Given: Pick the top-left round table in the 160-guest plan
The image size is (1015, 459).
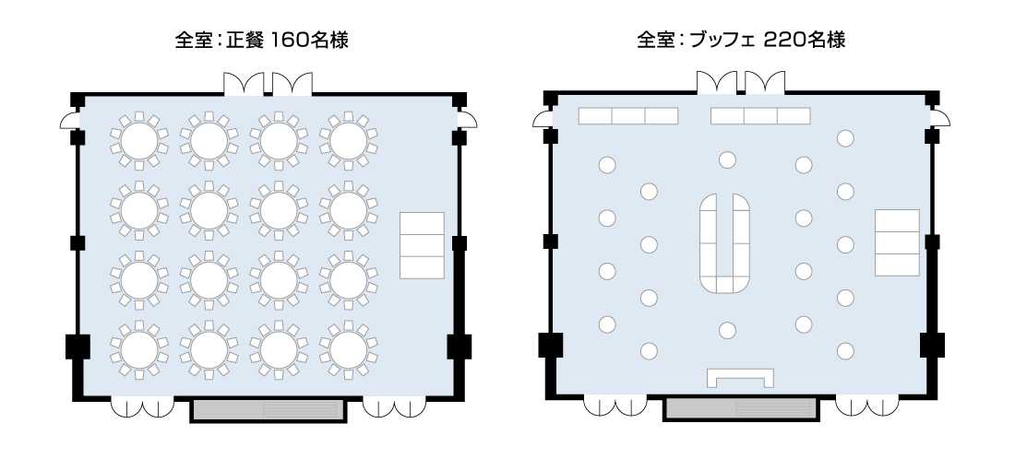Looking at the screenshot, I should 139,140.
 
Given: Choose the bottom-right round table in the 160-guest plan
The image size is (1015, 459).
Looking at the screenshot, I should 349,348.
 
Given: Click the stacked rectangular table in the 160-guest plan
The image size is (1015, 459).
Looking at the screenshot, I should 422,245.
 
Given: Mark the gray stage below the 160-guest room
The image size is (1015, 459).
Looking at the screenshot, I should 268,409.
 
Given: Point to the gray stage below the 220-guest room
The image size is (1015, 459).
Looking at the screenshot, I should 741,409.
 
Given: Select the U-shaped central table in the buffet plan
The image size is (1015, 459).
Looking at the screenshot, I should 727,241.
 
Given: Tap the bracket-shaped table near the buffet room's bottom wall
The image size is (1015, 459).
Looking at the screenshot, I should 740,377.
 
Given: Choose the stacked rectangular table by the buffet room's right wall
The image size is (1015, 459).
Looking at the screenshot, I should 896,242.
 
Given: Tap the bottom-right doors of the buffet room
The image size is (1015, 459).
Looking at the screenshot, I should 866,406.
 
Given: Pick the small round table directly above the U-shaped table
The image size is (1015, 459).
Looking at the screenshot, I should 727,160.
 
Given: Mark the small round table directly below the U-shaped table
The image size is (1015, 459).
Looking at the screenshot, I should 727,330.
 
